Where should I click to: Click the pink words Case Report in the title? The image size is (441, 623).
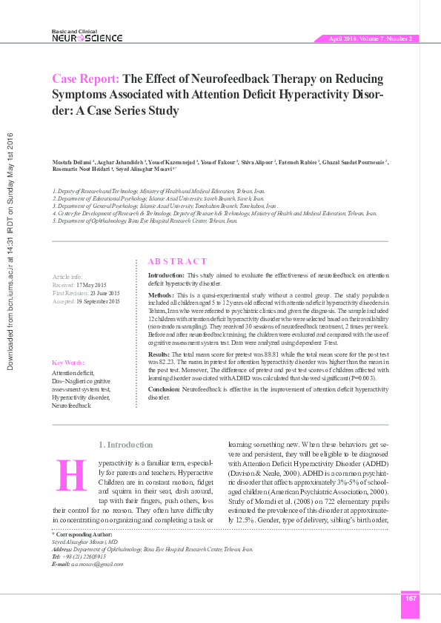pyautogui.click(x=86, y=79)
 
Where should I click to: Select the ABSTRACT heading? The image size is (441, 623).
pyautogui.click(x=178, y=261)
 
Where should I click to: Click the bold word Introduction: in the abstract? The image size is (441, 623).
pyautogui.click(x=164, y=275)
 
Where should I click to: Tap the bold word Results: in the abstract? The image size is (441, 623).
pyautogui.click(x=159, y=356)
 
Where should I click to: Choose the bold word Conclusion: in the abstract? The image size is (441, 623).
pyautogui.click(x=165, y=389)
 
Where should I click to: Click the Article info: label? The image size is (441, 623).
pyautogui.click(x=67, y=276)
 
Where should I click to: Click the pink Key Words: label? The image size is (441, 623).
pyautogui.click(x=68, y=363)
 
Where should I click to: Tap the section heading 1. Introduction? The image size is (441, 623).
pyautogui.click(x=126, y=445)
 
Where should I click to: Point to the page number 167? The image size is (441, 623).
pyautogui.click(x=410, y=598)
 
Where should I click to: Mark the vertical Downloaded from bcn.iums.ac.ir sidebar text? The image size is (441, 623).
pyautogui.click(x=10, y=252)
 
